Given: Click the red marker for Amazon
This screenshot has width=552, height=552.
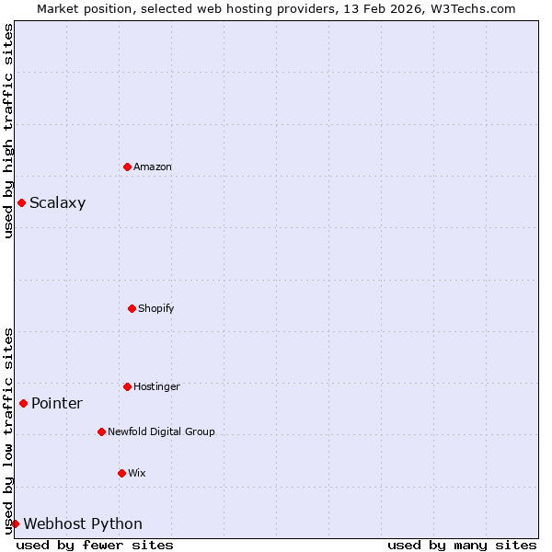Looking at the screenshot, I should [127, 167].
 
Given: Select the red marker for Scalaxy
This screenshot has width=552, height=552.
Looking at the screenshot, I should [21, 202].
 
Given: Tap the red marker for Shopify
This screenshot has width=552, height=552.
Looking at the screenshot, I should [132, 308].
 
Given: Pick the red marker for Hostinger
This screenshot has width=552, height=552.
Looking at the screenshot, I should [127, 386].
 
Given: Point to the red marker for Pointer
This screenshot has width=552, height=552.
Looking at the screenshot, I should [23, 403].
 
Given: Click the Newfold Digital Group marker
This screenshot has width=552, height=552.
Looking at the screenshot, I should [101, 431].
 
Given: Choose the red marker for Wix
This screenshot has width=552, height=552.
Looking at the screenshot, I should [121, 473].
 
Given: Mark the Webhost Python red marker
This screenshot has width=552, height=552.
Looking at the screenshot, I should [15, 523].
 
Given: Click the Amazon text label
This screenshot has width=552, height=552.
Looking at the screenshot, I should [153, 167].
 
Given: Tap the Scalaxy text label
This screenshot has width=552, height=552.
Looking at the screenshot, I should [57, 203].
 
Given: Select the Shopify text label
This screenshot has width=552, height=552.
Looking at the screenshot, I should [156, 308].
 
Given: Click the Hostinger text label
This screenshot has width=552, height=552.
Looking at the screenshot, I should [156, 386].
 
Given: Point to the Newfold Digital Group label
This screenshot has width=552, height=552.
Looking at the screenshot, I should [161, 431].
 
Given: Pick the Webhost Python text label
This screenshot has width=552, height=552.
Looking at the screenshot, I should [83, 524].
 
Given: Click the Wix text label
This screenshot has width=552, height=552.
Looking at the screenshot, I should [136, 473].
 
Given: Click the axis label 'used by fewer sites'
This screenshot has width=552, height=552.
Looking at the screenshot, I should [95, 545].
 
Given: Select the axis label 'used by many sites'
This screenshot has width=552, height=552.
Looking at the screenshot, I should [462, 545].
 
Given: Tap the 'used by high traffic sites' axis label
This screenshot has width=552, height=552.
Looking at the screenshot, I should [8, 131].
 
